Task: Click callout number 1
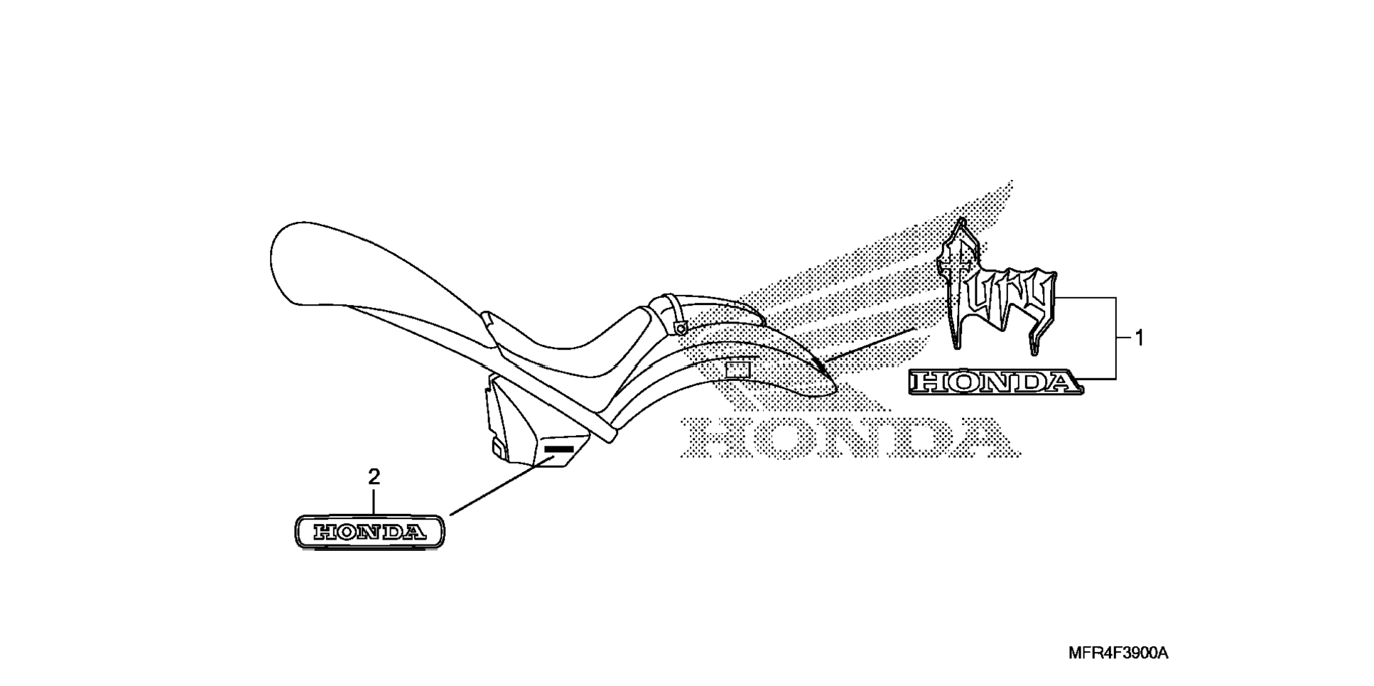tap(1139, 338)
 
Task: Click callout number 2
tap(374, 477)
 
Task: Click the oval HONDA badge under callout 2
tap(369, 532)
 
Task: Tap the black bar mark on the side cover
tap(558, 450)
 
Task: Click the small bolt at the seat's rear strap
tap(681, 328)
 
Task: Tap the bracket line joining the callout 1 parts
tap(1116, 338)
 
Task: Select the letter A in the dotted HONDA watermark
tap(984, 436)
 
